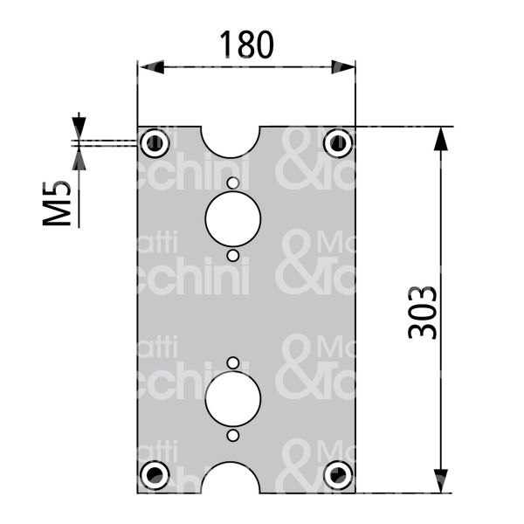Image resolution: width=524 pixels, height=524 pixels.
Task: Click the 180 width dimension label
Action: [x=245, y=44]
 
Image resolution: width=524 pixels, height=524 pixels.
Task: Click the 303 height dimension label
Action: [x=423, y=311]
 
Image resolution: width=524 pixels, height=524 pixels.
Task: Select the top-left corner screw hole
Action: [x=155, y=142]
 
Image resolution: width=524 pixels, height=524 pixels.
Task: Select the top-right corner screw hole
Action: [x=337, y=141]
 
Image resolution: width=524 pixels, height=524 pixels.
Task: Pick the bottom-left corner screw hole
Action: [x=155, y=475]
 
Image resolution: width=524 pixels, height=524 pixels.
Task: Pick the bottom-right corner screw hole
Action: [x=337, y=475]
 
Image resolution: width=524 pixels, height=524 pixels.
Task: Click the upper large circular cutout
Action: [x=232, y=218]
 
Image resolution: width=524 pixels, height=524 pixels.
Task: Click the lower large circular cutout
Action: [x=232, y=398]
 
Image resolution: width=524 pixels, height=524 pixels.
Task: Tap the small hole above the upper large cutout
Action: [x=232, y=183]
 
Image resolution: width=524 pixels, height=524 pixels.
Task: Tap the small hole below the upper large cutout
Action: [x=232, y=255]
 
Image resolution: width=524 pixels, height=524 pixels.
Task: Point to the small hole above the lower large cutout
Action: [x=232, y=362]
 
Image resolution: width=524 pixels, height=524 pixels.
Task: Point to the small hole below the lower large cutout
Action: [x=232, y=435]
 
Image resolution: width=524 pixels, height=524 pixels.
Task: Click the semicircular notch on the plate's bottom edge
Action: [x=231, y=480]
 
